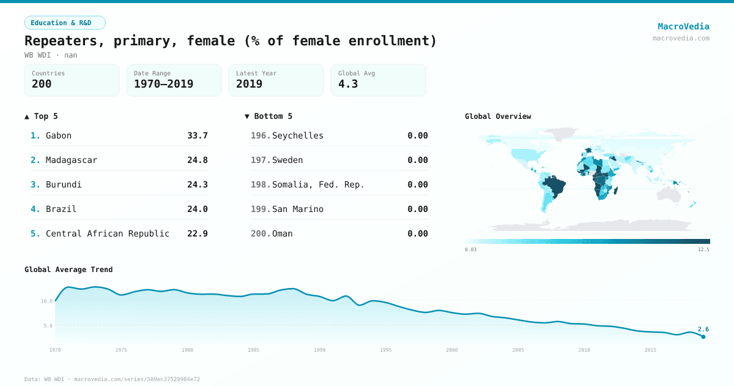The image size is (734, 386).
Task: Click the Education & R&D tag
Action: [x=65, y=23]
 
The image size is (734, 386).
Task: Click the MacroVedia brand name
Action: [x=683, y=26]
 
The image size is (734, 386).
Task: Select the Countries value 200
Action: [x=42, y=84]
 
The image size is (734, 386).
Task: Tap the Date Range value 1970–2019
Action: [x=163, y=84]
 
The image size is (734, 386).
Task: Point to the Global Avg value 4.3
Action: [x=348, y=84]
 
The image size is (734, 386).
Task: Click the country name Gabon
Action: [x=59, y=135]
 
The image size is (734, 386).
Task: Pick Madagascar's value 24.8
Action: [x=197, y=160]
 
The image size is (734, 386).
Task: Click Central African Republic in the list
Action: [x=108, y=233]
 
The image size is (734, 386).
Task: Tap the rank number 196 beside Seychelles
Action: [x=260, y=135]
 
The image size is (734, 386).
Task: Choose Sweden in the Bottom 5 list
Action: [x=287, y=160]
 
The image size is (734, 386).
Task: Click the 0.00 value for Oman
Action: [x=417, y=233]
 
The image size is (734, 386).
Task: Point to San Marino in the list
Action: [x=298, y=209]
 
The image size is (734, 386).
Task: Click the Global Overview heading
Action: [x=498, y=116]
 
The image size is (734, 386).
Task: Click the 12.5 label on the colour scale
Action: [x=703, y=249]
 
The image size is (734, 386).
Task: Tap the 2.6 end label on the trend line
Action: [x=703, y=329]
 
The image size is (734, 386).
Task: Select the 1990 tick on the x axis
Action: [x=319, y=350]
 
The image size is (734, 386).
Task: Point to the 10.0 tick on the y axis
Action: [x=46, y=301]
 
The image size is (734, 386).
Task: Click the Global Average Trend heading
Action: [x=69, y=270]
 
